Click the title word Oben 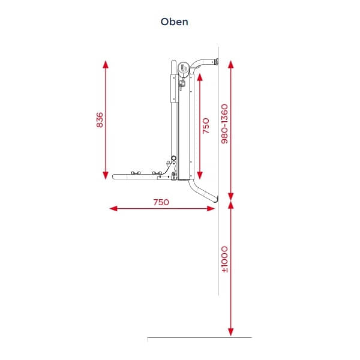pyautogui.click(x=174, y=22)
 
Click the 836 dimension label pyautogui.click(x=100, y=119)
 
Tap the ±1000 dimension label pyautogui.click(x=224, y=259)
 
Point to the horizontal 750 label pyautogui.click(x=161, y=202)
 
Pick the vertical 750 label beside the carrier pyautogui.click(x=206, y=126)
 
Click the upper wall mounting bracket pyautogui.click(x=215, y=61)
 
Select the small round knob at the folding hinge pyautogui.click(x=173, y=158)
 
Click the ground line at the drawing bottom pyautogui.click(x=198, y=338)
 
